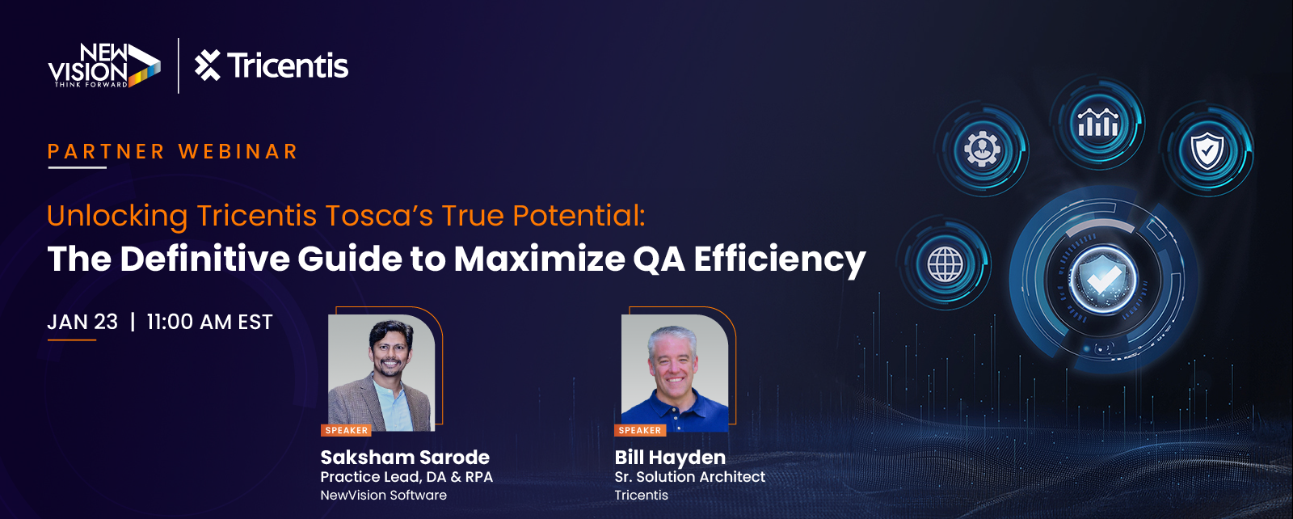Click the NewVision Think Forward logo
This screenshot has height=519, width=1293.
coord(104,65)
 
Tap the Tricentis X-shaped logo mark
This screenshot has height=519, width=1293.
coord(207,65)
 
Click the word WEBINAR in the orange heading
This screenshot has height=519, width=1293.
coord(238,151)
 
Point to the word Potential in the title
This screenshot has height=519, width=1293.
coord(578,216)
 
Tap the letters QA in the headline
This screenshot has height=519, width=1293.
coord(659,259)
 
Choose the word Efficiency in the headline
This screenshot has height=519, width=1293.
coord(780,259)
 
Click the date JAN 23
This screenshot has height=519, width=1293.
coord(82,322)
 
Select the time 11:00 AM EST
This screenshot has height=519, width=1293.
coord(209,322)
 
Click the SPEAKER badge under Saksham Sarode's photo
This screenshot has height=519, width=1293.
coord(347,430)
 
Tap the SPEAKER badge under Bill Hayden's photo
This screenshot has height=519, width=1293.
coord(640,430)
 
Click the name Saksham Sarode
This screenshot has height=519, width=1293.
coord(405,458)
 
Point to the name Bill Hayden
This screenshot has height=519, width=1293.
coord(670,458)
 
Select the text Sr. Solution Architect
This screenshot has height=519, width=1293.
coord(690,477)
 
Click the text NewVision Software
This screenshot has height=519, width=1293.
coord(383,496)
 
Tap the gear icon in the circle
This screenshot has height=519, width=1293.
coord(982,149)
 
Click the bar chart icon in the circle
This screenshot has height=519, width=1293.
coord(1097,122)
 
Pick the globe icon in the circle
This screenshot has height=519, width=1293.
coord(945,264)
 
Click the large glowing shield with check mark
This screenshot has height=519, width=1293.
coord(1102,280)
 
